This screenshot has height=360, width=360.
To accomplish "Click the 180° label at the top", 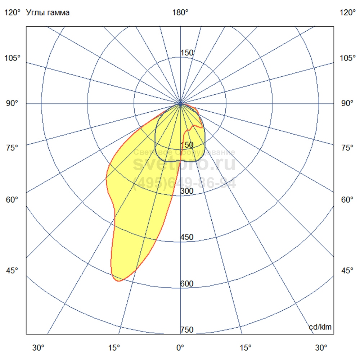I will point(180,13).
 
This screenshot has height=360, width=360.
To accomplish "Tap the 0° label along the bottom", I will point(180,348).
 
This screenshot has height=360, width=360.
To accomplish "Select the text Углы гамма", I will point(48,13).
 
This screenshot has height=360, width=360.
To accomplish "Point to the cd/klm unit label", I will point(320,327).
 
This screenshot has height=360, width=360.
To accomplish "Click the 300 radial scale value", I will point(187,191).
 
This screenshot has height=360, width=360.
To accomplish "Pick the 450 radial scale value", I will point(187,237).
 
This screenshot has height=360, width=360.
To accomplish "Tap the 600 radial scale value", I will point(187,284).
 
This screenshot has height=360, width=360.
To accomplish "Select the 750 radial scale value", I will point(187,330).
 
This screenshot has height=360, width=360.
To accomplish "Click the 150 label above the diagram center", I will point(187,53).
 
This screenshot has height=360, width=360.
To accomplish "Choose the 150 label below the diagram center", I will point(187,145).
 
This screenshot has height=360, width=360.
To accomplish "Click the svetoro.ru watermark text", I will point(184,164).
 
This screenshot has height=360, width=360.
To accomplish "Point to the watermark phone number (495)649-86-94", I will point(184,184).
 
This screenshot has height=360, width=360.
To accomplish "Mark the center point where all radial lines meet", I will point(180,104).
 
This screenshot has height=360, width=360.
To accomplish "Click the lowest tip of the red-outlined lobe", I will point(118,281).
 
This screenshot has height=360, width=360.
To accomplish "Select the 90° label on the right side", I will point(347,104).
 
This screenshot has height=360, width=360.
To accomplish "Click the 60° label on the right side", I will point(347,200).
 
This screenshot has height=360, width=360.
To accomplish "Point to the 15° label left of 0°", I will point(114,348).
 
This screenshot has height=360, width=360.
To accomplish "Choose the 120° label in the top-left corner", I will point(13,13).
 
